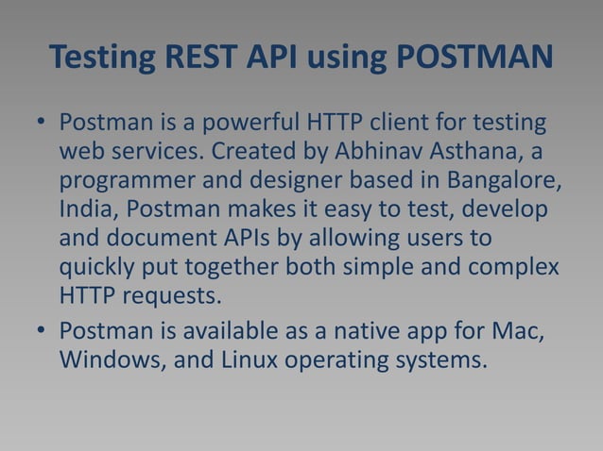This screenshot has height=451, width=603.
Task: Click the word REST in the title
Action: [206, 58]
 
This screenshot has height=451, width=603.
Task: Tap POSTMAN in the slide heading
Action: [473, 58]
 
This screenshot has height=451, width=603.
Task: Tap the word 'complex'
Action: [512, 266]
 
